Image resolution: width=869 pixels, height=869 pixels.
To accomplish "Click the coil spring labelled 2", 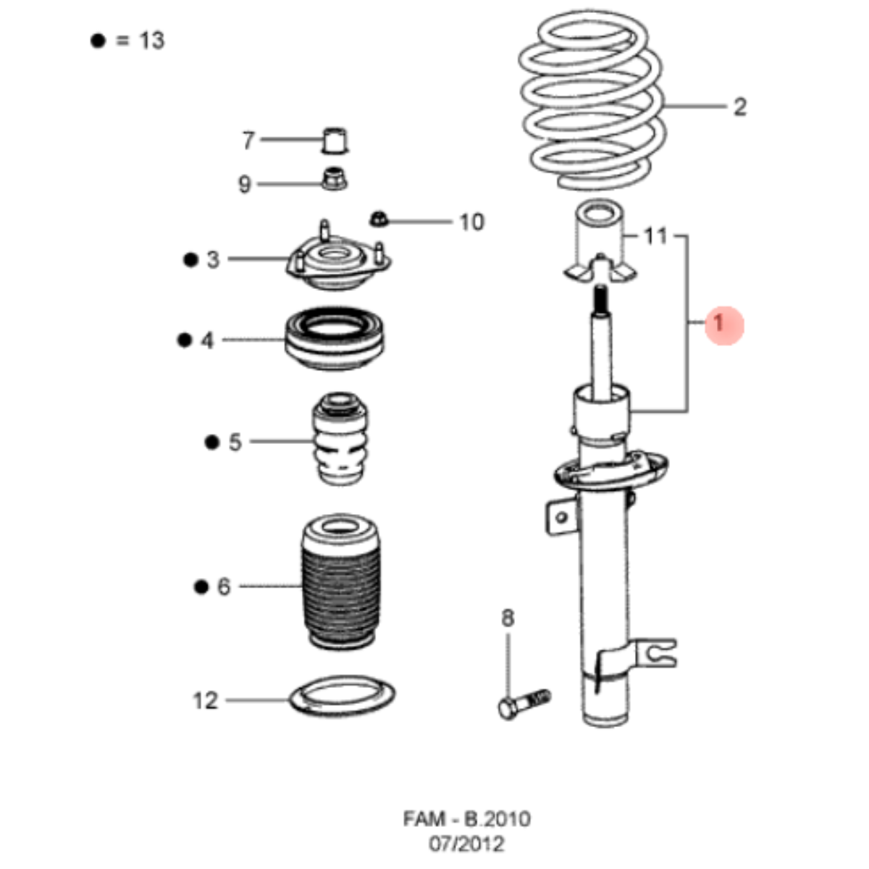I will point(590,105).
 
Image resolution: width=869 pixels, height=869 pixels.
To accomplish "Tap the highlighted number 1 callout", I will point(718,324).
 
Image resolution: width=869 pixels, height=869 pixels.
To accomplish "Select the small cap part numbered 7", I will point(334,140).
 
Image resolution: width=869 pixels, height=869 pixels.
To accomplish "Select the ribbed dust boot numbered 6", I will point(340,583).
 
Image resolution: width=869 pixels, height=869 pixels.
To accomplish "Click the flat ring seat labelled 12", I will point(343,696).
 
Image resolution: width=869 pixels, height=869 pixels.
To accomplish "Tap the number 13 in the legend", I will point(152,41).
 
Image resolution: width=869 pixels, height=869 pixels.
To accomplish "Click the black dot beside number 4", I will point(185,340).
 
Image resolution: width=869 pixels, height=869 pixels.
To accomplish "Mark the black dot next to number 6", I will point(201,587).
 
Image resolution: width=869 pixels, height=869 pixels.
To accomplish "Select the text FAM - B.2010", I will point(466,819).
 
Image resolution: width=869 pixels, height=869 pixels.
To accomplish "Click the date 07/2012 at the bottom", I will point(466,844).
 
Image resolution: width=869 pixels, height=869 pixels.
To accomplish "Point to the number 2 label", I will point(739,107).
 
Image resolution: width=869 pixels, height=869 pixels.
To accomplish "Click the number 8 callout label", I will point(508,618).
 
